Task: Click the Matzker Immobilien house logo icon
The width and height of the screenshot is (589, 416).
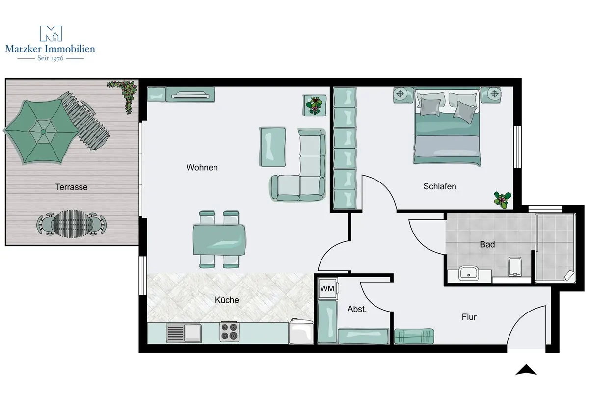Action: tap(51, 33)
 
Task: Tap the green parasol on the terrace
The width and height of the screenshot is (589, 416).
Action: tap(42, 131)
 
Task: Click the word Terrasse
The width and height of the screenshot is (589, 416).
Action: tap(71, 187)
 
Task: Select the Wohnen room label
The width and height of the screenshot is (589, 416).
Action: tap(202, 167)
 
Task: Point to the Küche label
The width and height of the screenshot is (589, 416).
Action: tap(227, 300)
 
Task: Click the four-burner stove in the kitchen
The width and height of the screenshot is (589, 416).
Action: tap(230, 332)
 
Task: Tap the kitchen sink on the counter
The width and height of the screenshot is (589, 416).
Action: tap(184, 333)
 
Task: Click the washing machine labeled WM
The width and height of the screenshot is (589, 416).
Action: tap(328, 288)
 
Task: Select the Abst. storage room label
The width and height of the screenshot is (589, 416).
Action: tap(357, 309)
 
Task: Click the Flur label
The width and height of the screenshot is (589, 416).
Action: tap(469, 317)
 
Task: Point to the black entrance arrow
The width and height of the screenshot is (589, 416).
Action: tap(526, 369)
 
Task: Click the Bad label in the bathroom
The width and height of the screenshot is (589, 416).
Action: tap(487, 245)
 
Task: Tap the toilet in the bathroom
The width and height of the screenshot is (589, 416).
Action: tap(515, 266)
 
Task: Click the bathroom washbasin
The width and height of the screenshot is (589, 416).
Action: tap(469, 273)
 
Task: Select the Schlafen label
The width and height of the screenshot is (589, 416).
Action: tap(440, 186)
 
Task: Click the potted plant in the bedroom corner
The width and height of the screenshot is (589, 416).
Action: tap(503, 200)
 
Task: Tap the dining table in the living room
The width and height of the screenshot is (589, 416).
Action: tap(219, 239)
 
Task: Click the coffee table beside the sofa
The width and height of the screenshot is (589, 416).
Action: tap(273, 147)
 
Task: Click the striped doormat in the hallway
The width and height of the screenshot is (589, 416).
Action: tap(414, 337)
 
